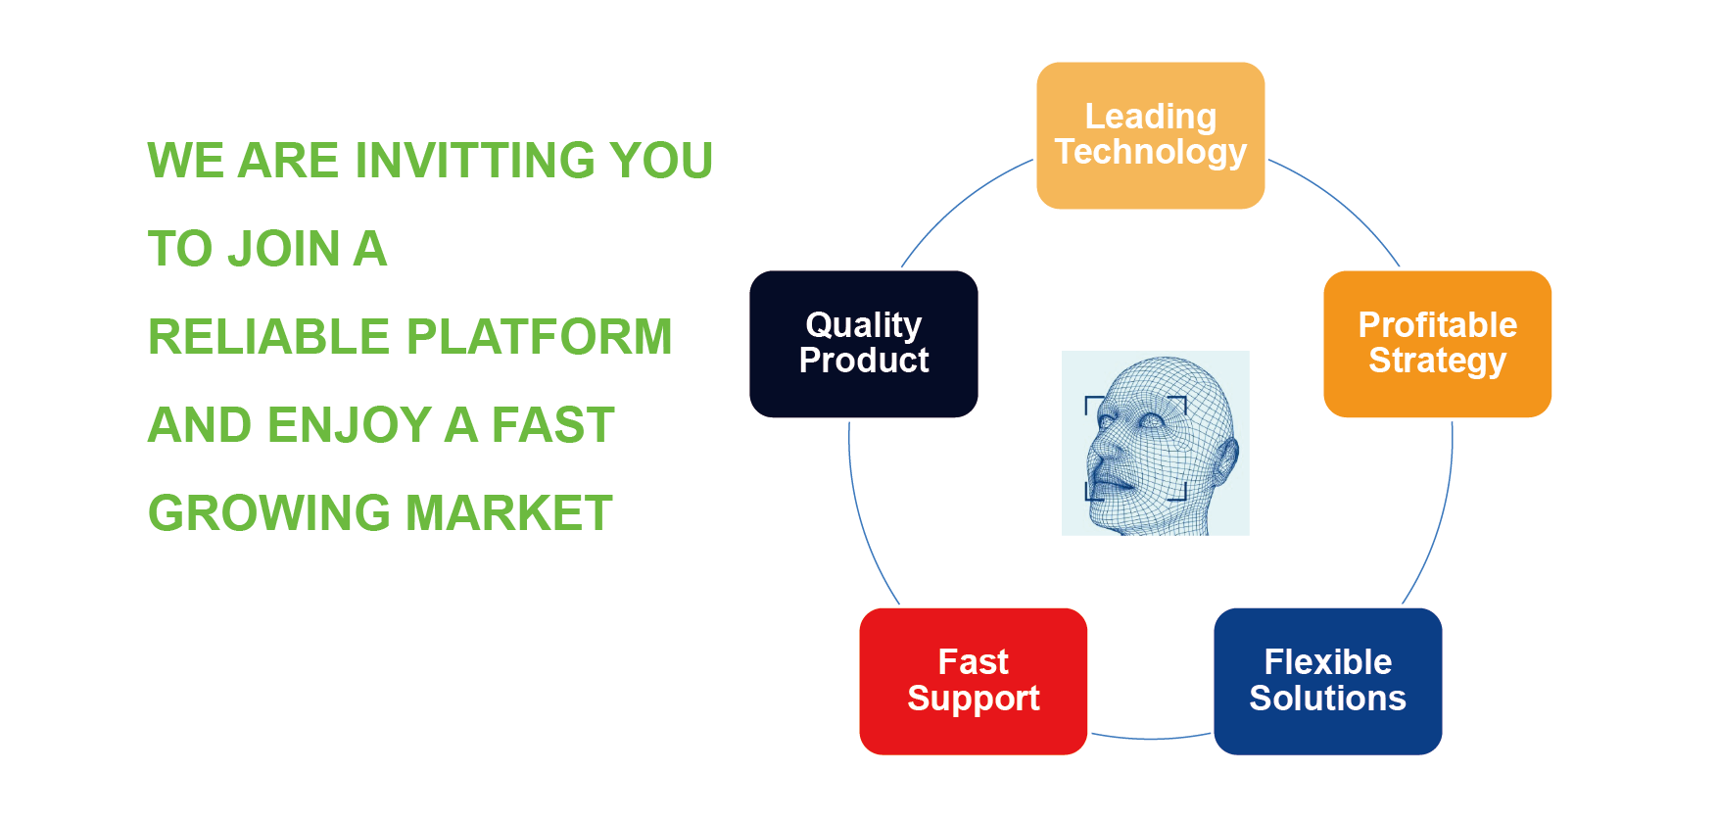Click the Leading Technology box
tap(1150, 135)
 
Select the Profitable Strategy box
tap(1437, 344)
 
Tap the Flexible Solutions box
tap(1327, 681)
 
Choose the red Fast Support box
tap(973, 681)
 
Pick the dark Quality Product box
tap(863, 344)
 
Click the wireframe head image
tap(1155, 443)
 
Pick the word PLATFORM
tap(540, 337)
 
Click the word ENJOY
tap(349, 425)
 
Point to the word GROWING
tap(269, 513)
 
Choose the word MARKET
tap(509, 513)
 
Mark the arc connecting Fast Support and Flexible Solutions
tap(1151, 738)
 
